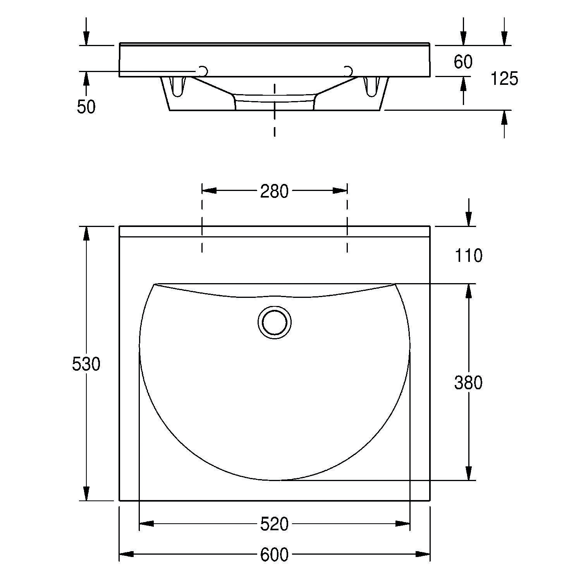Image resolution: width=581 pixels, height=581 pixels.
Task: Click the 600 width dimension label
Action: (274, 555)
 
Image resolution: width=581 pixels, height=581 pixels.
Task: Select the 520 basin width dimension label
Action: (274, 524)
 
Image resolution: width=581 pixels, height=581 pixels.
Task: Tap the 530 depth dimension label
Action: (86, 364)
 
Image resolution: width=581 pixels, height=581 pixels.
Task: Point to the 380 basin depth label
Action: (468, 383)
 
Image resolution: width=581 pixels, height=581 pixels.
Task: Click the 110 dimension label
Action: (468, 256)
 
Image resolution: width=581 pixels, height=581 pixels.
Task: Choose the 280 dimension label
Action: (274, 191)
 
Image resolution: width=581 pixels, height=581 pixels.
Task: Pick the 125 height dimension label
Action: (504, 79)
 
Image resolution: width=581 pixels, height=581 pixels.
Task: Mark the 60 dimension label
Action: (463, 62)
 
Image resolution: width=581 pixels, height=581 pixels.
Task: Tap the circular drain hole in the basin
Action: (274, 322)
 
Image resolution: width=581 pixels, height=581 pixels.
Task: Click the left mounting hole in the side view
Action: (203, 71)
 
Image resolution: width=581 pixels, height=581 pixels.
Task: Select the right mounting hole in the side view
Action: (349, 71)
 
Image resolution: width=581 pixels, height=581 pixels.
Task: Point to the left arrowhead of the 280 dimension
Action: (209, 191)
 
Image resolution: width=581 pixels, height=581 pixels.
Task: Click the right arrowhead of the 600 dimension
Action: (423, 554)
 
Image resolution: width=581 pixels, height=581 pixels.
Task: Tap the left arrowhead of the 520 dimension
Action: (146, 524)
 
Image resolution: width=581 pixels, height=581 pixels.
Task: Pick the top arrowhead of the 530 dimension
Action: (86, 234)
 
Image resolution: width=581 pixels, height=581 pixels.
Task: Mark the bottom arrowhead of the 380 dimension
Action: (469, 473)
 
